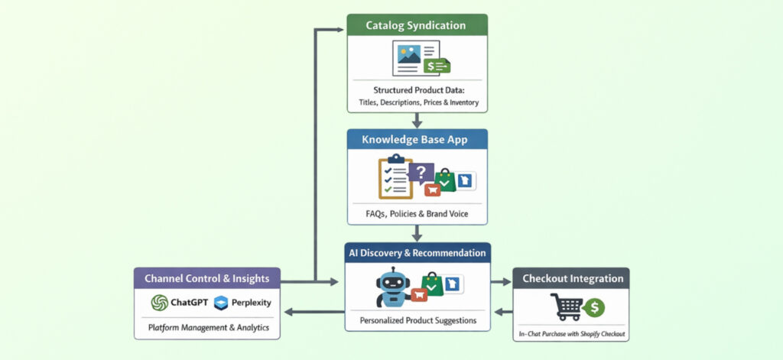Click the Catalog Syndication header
coord(415,25)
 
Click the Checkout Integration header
coord(571,278)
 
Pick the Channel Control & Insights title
coord(206,278)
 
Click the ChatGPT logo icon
coord(159,303)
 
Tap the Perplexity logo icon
coord(222,303)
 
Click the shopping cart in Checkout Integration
coord(567,306)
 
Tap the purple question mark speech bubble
coord(421,173)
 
